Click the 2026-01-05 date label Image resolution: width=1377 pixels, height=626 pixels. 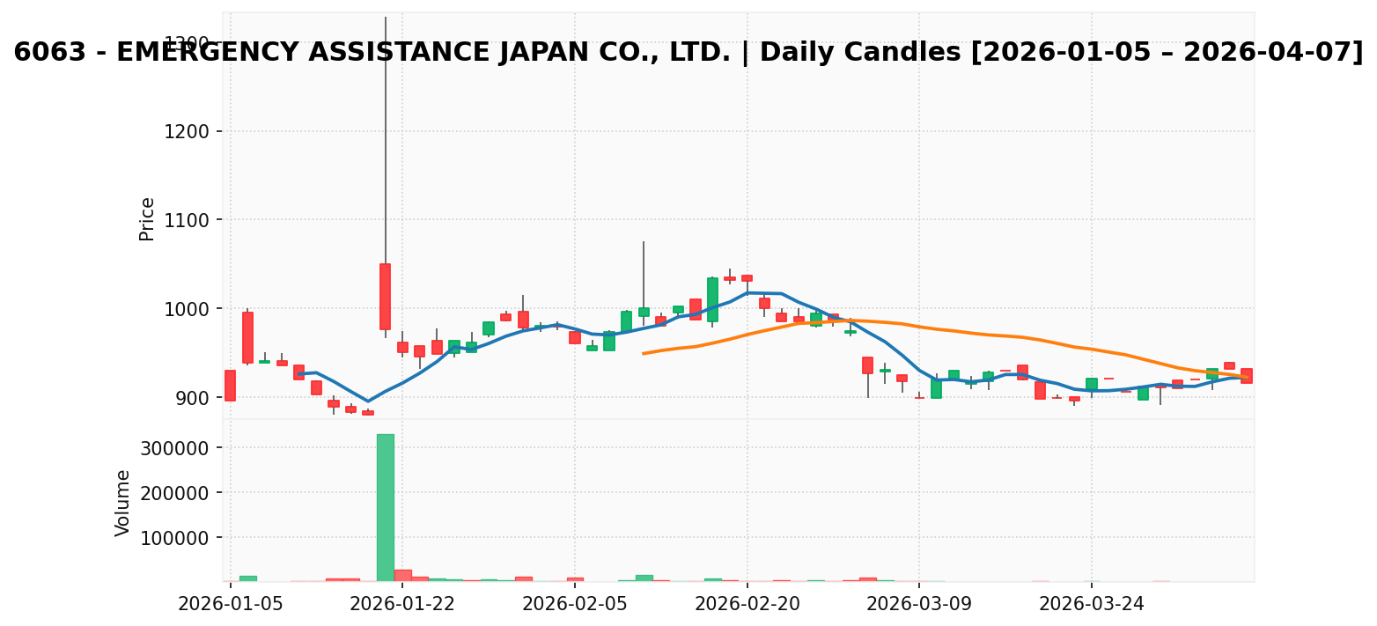pos(231,603)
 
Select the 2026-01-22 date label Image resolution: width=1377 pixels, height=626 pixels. pos(402,603)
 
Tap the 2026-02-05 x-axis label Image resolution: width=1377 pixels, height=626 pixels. pos(575,603)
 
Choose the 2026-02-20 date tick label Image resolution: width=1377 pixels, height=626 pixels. pos(747,603)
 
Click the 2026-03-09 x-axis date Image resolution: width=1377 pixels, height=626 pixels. pos(919,603)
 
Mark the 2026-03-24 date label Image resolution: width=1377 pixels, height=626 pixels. pos(1091,603)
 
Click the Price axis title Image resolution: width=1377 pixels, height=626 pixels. pos(147,218)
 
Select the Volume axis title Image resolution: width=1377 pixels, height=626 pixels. pos(123,503)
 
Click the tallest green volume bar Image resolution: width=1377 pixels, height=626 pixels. pos(386,507)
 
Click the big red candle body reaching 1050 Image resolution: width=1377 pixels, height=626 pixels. pos(385,297)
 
